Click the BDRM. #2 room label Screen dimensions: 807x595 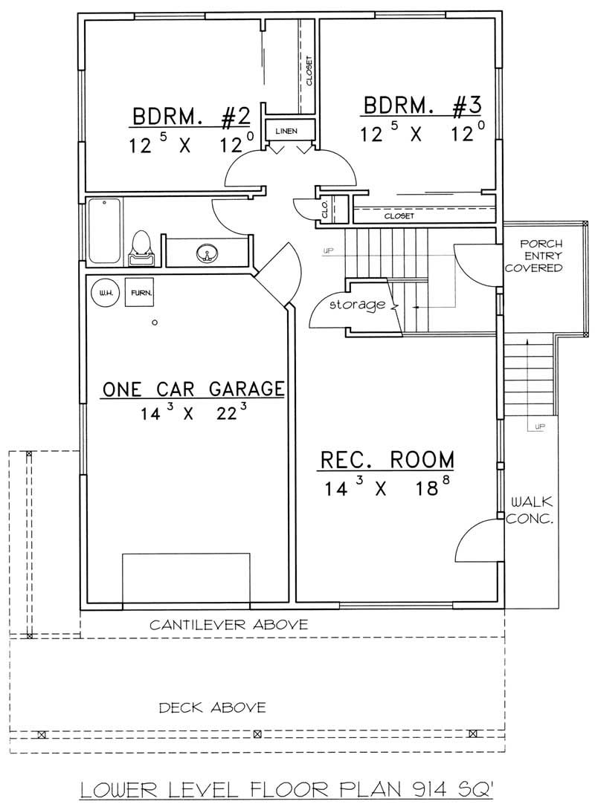[190, 117]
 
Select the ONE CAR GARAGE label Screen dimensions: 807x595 [193, 389]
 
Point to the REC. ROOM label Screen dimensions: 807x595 [387, 460]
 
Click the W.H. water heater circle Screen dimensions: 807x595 [103, 293]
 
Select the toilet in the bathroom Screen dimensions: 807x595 [141, 247]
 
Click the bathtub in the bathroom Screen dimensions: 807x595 [104, 231]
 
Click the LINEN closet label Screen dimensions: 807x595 [286, 132]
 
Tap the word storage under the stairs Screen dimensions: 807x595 [358, 305]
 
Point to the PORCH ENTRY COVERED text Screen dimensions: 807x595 [541, 256]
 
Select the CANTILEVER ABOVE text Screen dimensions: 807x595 [228, 625]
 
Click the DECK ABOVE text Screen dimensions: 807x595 [212, 707]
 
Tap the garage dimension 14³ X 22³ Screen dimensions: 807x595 [193, 413]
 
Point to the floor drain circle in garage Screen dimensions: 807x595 [155, 323]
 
